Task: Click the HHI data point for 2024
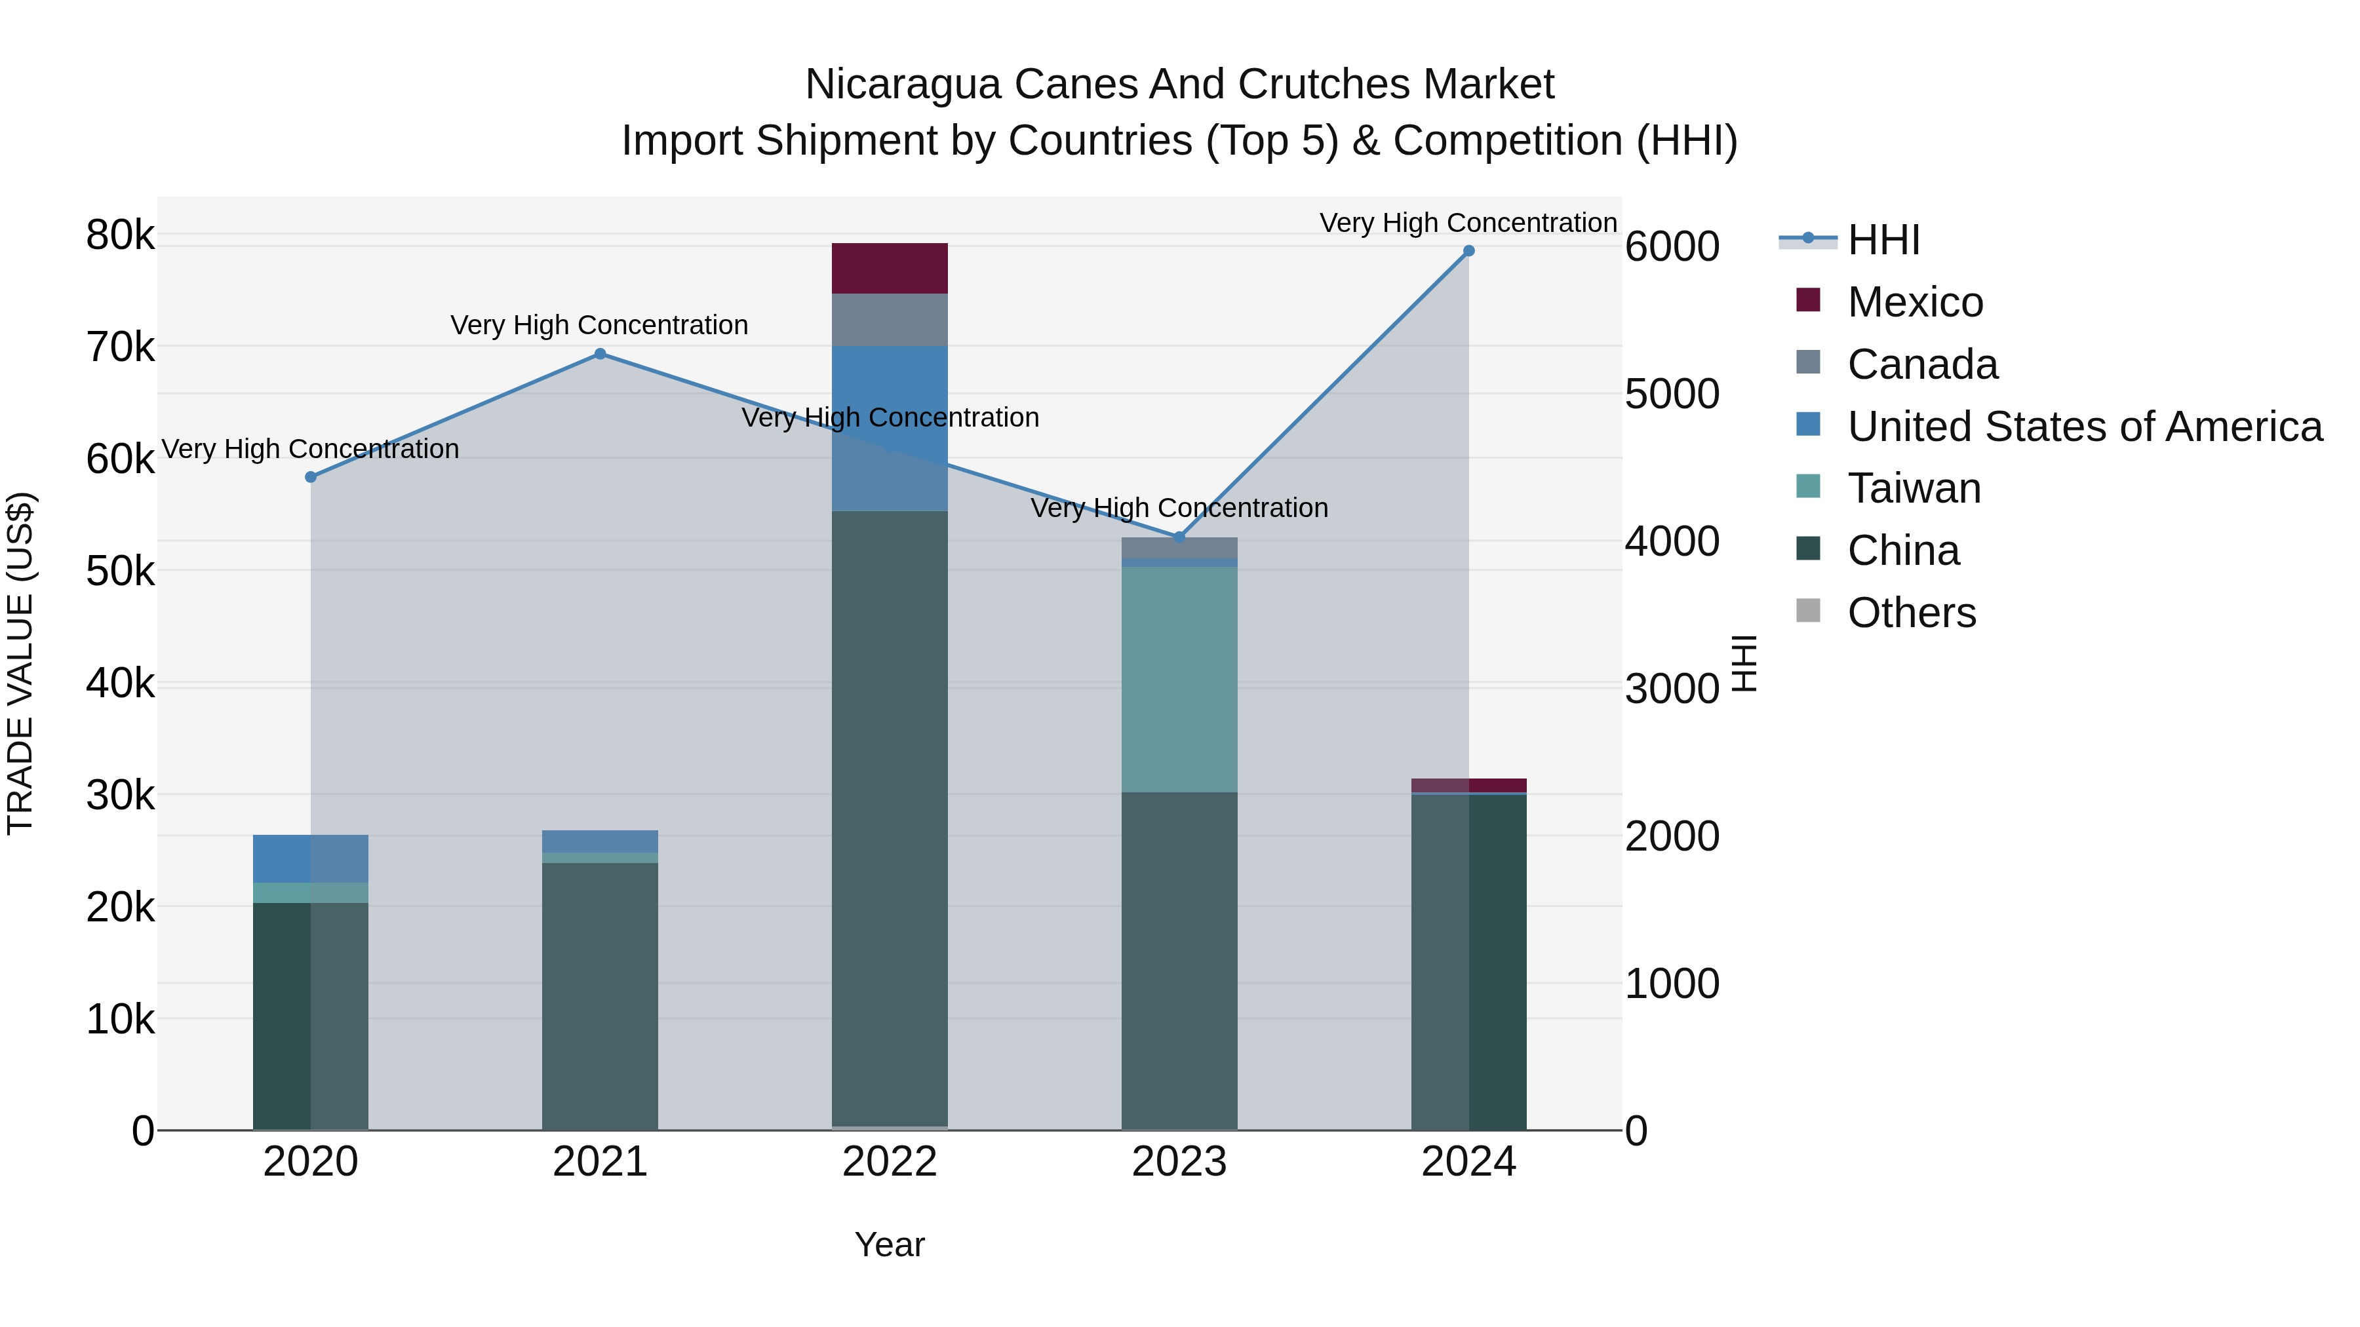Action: tap(1468, 251)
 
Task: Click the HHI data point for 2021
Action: tap(600, 355)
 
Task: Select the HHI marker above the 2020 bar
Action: tap(311, 477)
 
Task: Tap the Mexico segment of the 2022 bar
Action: tap(889, 268)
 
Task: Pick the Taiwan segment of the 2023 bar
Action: tap(1179, 679)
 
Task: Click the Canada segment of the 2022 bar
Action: tap(889, 320)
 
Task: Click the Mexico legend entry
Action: tap(1915, 302)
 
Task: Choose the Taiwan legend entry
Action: tap(1913, 488)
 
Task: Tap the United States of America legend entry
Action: tap(2084, 427)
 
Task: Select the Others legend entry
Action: tap(1911, 613)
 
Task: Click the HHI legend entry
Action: tap(1883, 240)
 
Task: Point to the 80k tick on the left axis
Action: tap(120, 235)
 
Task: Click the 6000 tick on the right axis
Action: tap(1672, 246)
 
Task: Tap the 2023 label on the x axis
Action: tap(1179, 1162)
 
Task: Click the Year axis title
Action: tap(889, 1244)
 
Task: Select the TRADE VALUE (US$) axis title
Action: tap(20, 663)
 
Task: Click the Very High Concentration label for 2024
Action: tap(1468, 223)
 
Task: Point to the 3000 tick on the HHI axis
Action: tap(1672, 689)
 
